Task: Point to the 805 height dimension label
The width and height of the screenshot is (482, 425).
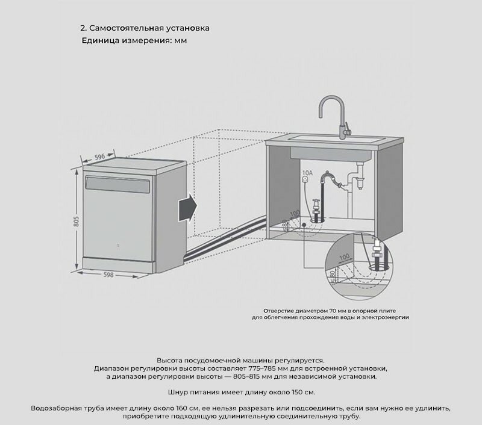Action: point(77,220)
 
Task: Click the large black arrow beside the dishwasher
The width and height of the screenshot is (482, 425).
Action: point(187,208)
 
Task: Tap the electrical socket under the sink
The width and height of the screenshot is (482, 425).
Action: point(306,180)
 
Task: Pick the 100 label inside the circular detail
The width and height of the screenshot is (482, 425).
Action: point(345,258)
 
